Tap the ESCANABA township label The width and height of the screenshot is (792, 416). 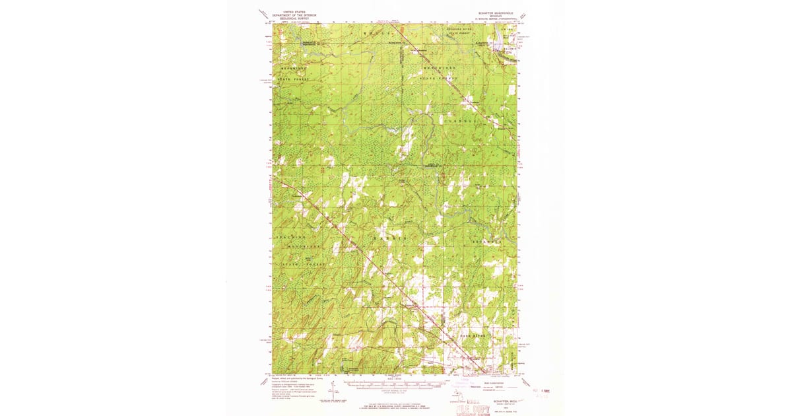pos(487,242)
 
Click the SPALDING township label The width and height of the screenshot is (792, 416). pos(291,236)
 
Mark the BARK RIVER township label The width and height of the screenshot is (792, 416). pos(473,336)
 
